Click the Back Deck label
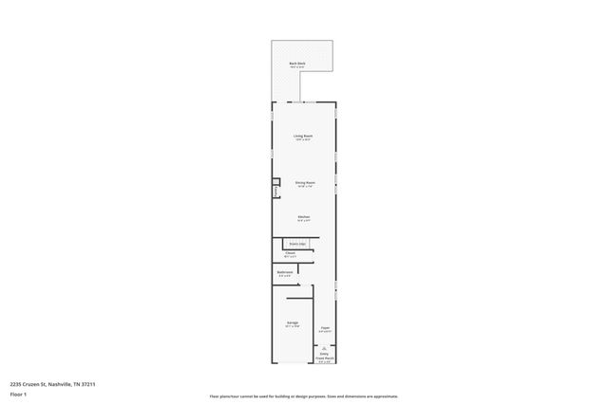(296, 64)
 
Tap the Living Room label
(303, 136)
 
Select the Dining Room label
(304, 182)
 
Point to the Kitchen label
(304, 217)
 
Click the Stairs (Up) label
(297, 244)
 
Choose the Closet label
(291, 253)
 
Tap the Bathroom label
(285, 272)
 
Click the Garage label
(293, 322)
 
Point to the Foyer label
(325, 328)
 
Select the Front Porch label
(325, 357)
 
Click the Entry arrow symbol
(325, 347)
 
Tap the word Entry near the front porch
(325, 352)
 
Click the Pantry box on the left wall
(276, 189)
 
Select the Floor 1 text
(17, 393)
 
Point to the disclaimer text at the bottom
(303, 396)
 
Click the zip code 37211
(88, 384)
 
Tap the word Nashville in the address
(66, 384)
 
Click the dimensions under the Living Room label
(303, 140)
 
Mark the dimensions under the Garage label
(293, 326)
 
